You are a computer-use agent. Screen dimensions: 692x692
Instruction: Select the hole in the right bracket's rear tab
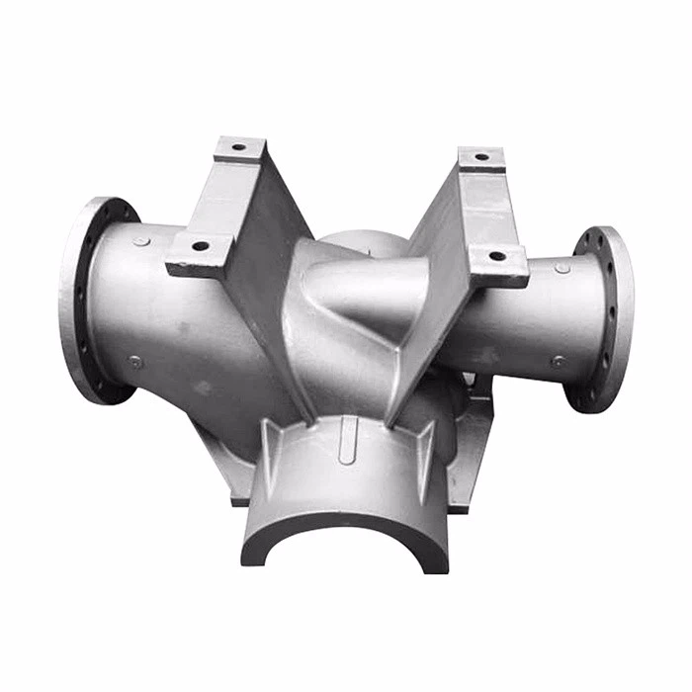coord(481,156)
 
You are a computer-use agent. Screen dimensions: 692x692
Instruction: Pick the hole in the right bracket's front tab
coord(496,256)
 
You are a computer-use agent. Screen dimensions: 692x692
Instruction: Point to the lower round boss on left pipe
coord(135,362)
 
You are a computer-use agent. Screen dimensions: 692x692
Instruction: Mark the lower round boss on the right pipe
coord(559,362)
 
